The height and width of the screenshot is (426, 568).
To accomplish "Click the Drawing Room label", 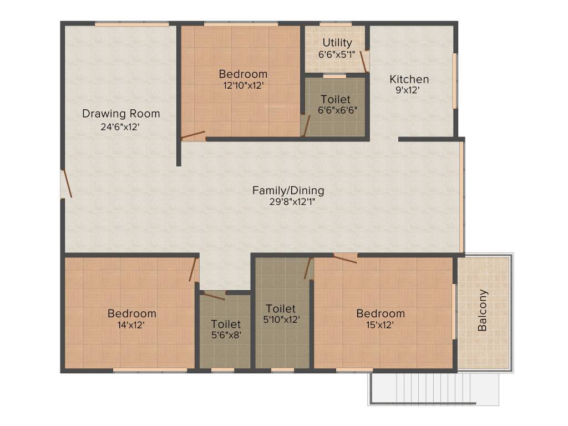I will (121, 114).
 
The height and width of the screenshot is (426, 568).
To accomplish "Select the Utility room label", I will (337, 43).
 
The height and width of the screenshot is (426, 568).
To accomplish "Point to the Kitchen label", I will (409, 79).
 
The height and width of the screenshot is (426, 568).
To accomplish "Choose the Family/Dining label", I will (288, 190).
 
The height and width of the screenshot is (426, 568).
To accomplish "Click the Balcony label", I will (483, 311).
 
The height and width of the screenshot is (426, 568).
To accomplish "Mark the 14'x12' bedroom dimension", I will (131, 325).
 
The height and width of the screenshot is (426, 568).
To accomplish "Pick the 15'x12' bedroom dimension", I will (380, 325).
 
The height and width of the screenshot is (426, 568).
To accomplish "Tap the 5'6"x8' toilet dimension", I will (226, 335).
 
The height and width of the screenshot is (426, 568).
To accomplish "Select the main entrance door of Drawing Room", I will (67, 184).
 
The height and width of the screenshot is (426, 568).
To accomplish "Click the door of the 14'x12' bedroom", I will (193, 270).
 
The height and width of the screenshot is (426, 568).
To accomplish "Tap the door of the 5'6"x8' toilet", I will (214, 295).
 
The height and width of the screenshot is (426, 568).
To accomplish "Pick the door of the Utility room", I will (364, 61).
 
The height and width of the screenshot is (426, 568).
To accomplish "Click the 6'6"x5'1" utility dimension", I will (337, 54).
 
